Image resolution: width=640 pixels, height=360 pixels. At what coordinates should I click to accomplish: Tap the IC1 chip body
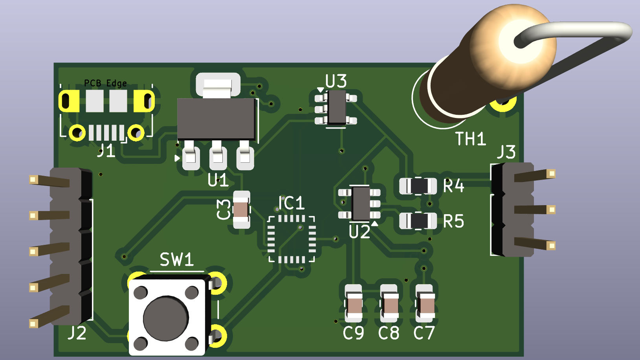292,238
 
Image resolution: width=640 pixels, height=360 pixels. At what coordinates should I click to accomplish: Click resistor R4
418,186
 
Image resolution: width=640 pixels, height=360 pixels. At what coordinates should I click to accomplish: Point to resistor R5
418,220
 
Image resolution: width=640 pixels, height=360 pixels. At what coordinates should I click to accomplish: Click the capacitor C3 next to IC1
241,210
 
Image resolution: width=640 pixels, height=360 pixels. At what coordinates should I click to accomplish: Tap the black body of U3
336,107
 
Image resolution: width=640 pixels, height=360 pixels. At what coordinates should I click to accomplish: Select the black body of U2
361,203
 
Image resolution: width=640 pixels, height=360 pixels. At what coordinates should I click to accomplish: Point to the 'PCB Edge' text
105,83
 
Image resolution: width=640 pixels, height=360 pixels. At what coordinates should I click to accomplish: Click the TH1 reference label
470,139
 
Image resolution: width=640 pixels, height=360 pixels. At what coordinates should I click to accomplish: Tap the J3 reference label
506,152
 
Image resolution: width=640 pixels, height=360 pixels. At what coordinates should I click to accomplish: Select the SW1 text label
176,260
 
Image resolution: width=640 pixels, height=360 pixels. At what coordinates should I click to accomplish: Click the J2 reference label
77,333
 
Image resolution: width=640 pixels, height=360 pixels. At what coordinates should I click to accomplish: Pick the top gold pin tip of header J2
33,180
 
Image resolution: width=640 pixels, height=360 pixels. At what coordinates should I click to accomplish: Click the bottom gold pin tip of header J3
552,246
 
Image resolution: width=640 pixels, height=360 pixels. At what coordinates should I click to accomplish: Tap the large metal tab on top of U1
218,85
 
